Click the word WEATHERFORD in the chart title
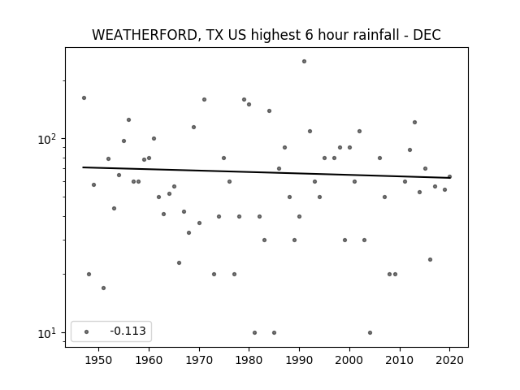tap(145, 35)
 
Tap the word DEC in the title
tap(427, 35)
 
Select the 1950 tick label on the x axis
tap(98, 360)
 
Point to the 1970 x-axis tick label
tap(199, 360)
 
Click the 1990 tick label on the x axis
tap(300, 360)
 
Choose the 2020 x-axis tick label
tap(449, 360)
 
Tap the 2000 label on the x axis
tap(349, 360)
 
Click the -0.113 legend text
tap(128, 331)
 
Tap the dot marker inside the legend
tap(87, 331)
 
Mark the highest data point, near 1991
tap(304, 62)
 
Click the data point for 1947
tap(84, 97)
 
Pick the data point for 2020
tap(449, 177)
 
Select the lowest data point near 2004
tap(370, 332)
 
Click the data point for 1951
tap(103, 288)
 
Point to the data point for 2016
tap(430, 260)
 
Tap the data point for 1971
tap(204, 99)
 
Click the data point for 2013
tap(414, 123)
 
